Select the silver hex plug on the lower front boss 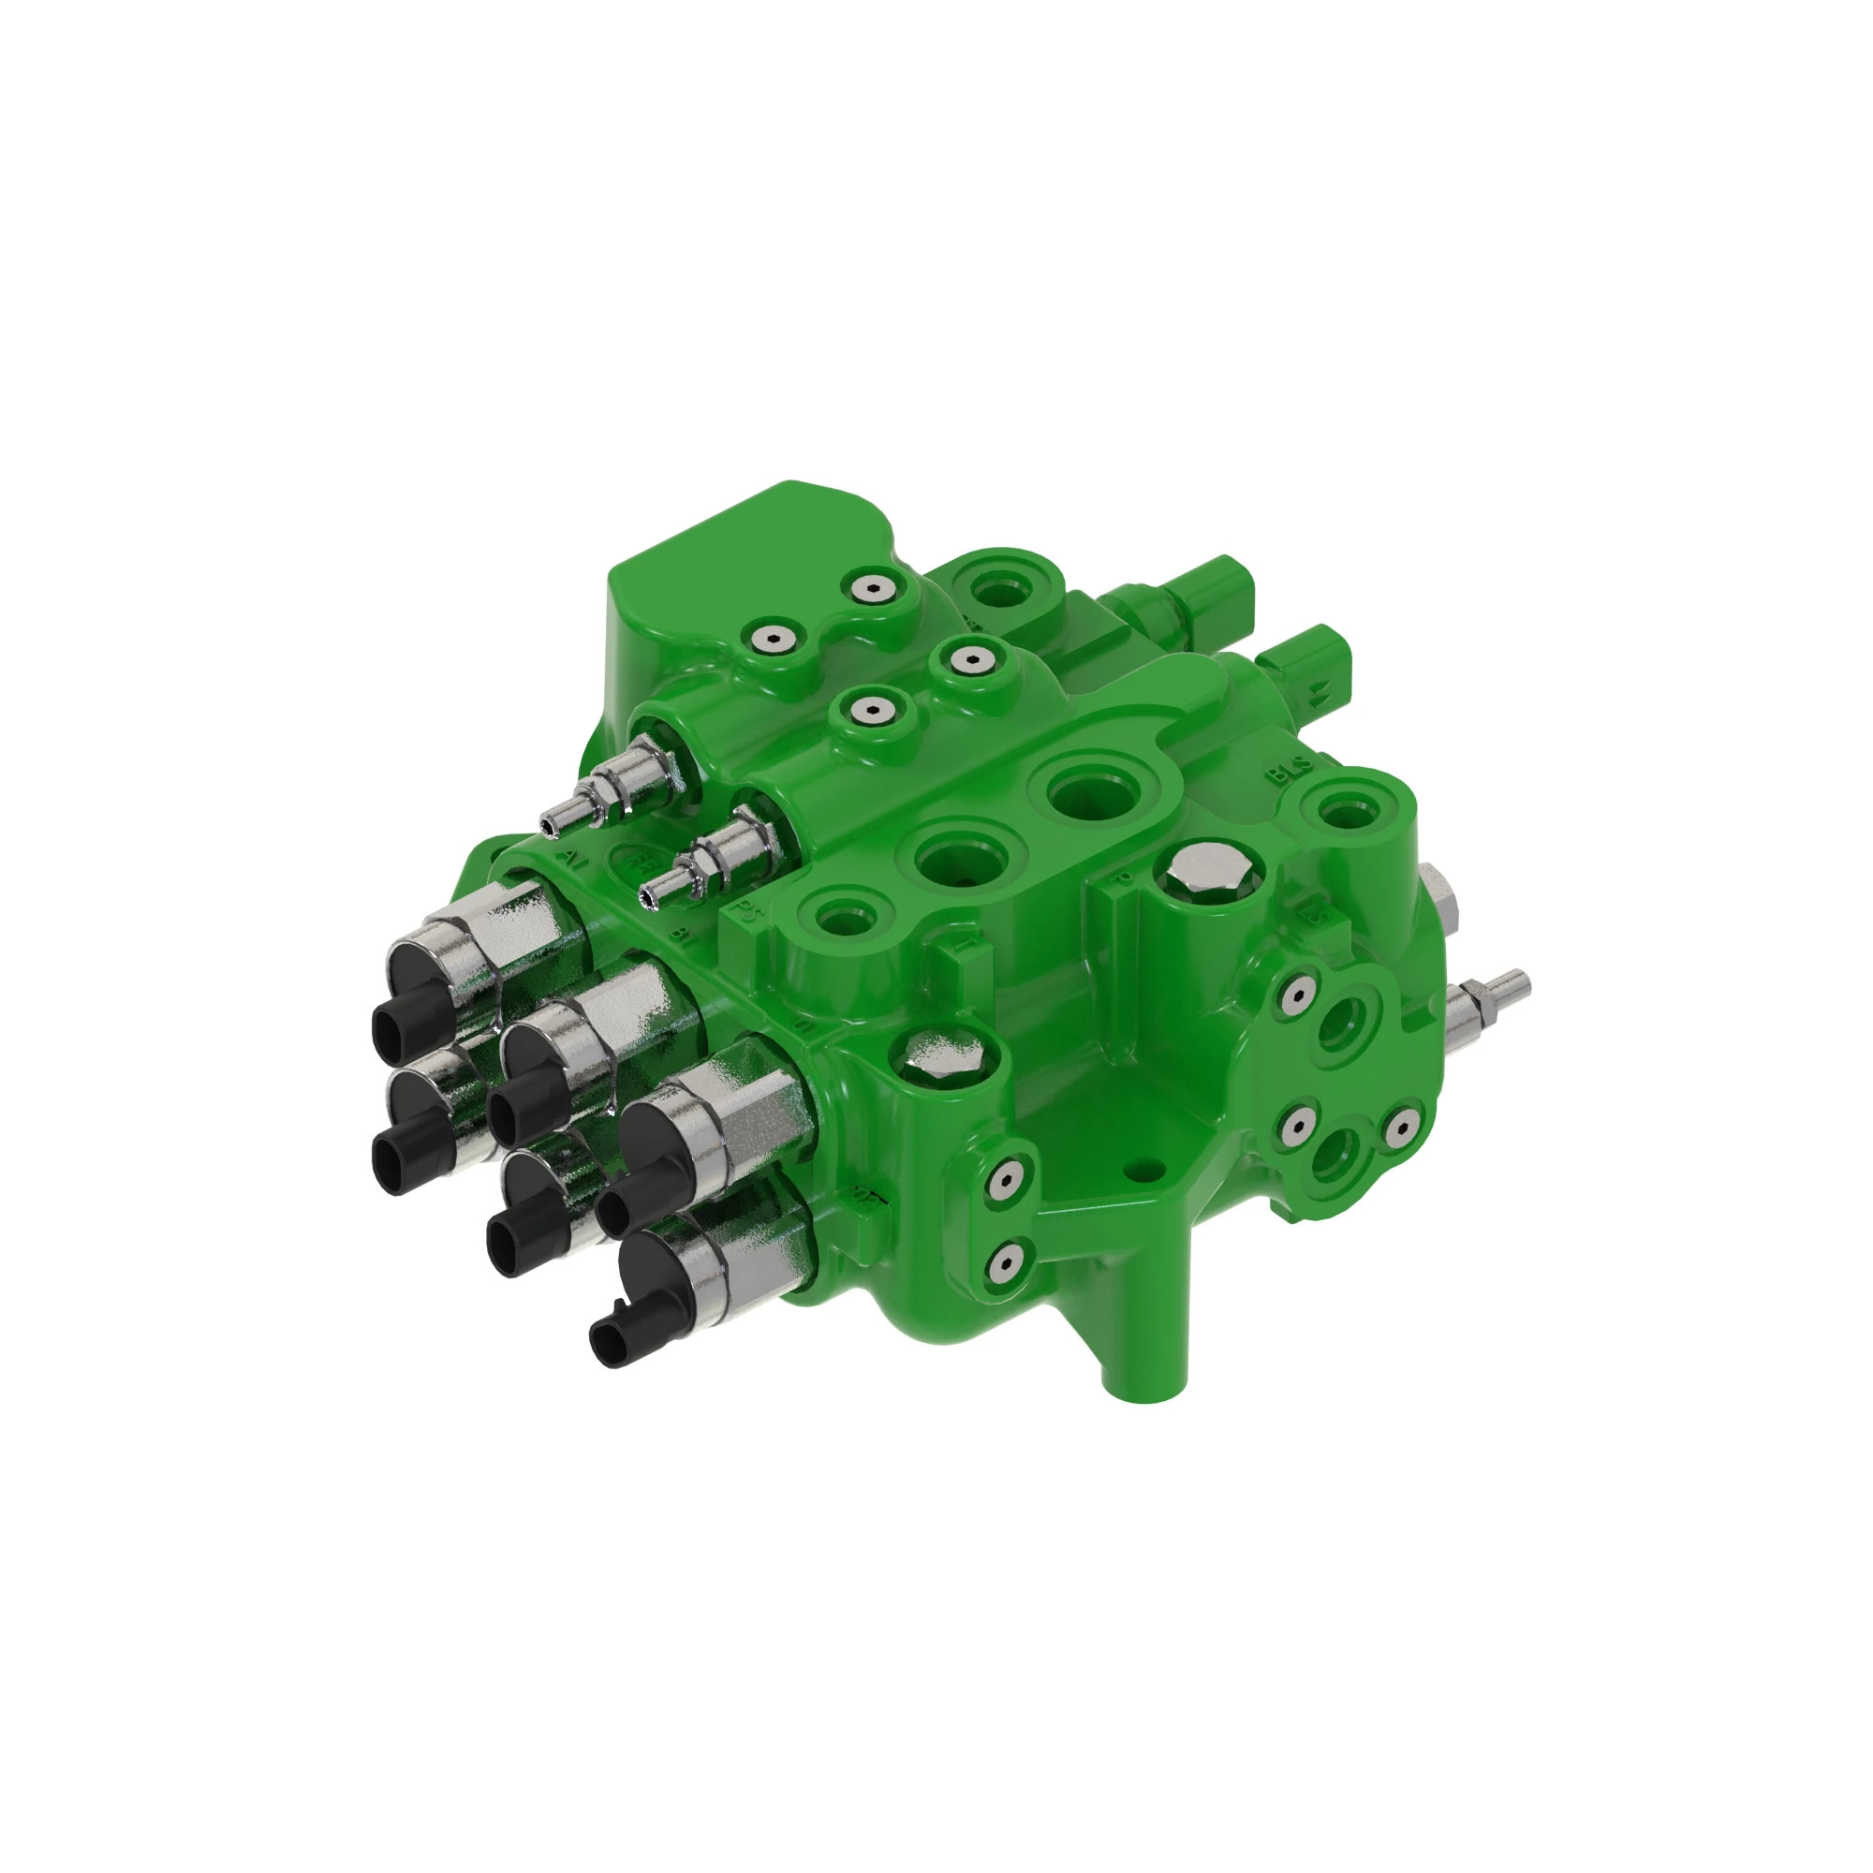coord(941,1056)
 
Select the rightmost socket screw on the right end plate coord(1401,1127)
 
